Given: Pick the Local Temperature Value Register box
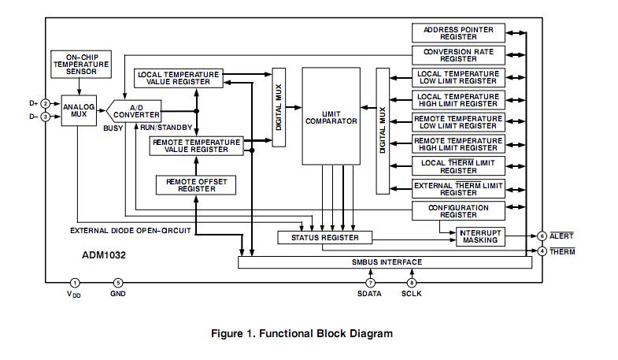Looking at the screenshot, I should click(x=178, y=77).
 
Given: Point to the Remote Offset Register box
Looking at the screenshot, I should click(x=195, y=184).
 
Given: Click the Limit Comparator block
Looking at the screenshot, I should click(x=330, y=117).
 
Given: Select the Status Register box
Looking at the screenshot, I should click(x=324, y=237).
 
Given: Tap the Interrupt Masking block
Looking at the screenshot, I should click(x=480, y=236).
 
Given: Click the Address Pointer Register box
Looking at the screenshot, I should click(x=458, y=33).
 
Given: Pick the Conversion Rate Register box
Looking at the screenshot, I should click(x=458, y=55).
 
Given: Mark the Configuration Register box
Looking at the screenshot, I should click(x=458, y=211).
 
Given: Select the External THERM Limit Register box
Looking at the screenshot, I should click(x=458, y=188).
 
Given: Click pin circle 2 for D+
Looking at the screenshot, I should click(x=46, y=104).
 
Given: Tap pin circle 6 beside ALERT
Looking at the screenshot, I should click(x=542, y=236).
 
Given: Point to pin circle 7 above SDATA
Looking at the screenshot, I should click(x=369, y=282).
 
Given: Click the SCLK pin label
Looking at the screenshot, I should click(x=412, y=294).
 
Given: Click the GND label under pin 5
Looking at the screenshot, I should click(x=118, y=294).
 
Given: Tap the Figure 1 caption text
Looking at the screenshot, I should click(x=302, y=333).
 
